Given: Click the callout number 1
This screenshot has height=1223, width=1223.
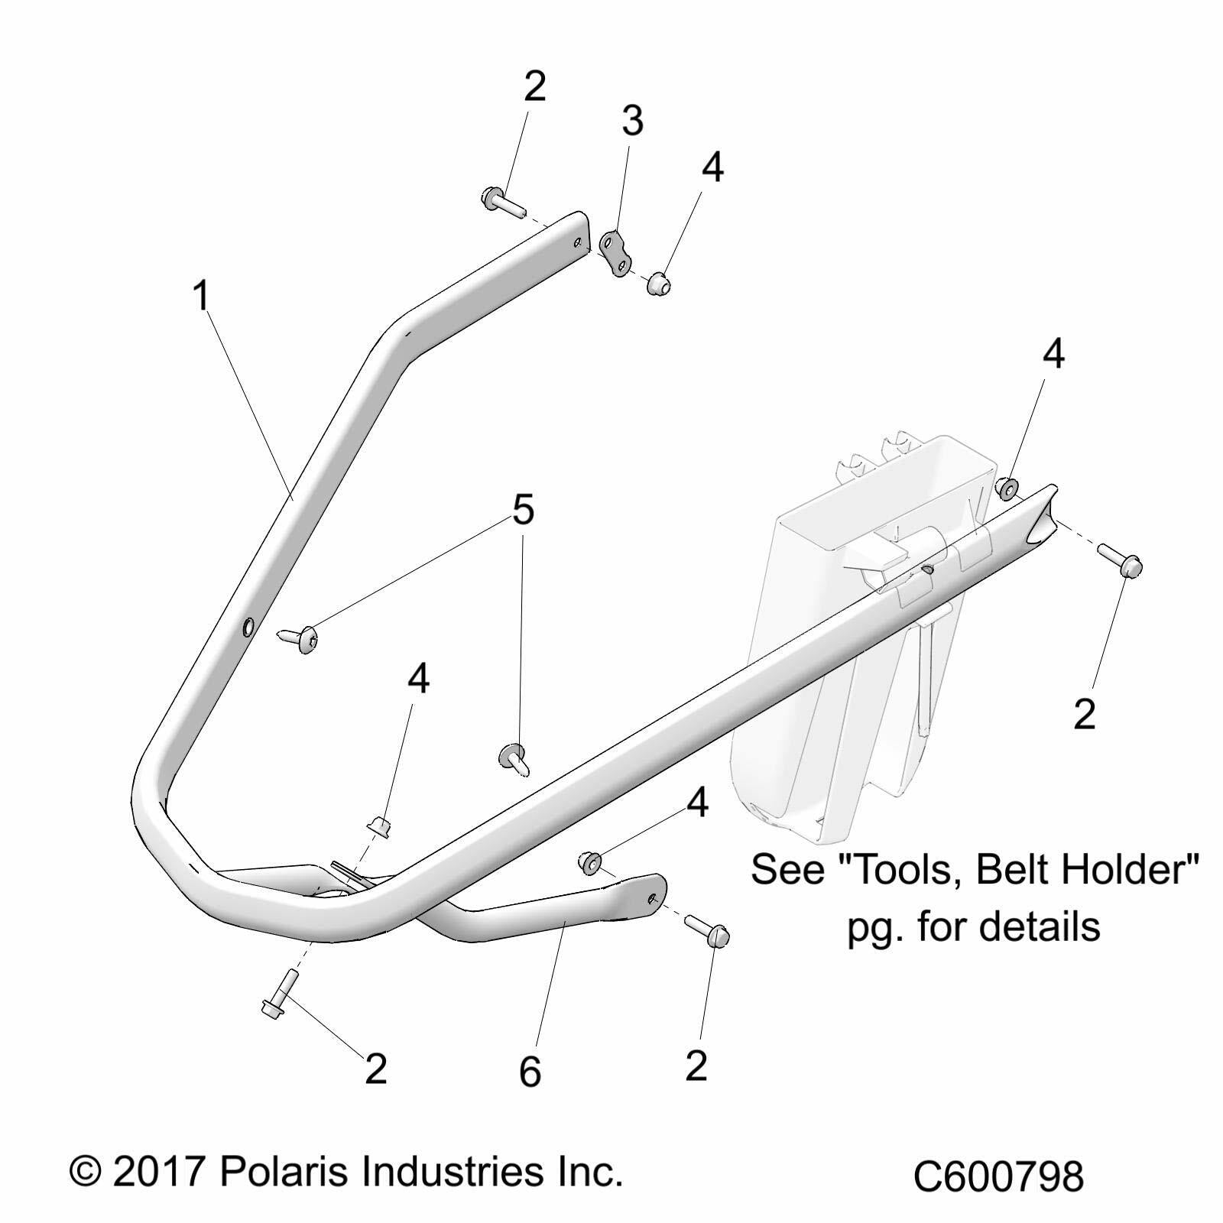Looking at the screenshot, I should click(x=201, y=296).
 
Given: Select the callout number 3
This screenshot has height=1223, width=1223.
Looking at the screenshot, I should click(x=631, y=122).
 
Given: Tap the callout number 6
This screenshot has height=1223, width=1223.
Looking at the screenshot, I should click(x=530, y=1072).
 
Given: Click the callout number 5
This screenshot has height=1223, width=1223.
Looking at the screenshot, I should click(x=523, y=510).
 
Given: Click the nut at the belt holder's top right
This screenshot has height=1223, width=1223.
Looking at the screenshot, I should click(x=1007, y=486).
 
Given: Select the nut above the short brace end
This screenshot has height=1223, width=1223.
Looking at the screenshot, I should click(x=588, y=861).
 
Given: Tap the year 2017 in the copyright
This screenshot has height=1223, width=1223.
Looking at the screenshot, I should click(x=158, y=1171).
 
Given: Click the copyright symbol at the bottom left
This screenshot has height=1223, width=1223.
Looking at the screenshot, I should click(x=86, y=1172).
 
